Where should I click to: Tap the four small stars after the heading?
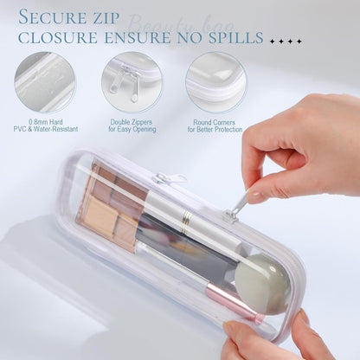point(286,40)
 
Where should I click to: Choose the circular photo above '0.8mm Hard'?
point(44,82)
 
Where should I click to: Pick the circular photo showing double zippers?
point(131,82)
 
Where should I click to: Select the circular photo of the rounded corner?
point(215,82)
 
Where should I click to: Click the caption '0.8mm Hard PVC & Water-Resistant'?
point(44,125)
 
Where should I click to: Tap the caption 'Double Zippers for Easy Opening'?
point(131,125)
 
